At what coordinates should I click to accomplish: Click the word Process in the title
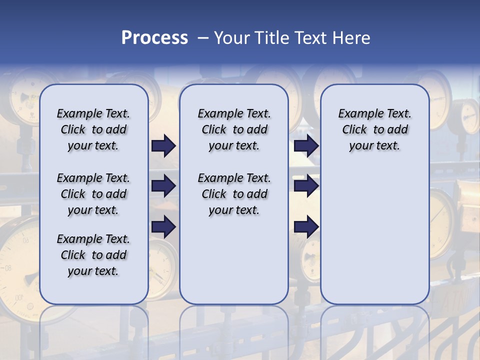154,37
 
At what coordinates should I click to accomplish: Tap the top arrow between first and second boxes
163,145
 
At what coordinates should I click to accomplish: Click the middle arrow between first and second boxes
163,186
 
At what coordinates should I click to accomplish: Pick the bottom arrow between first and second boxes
163,227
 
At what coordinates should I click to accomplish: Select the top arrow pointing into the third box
306,145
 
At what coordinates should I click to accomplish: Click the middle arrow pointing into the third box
306,186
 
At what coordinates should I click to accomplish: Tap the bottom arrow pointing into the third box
306,227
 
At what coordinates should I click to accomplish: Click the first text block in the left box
93,129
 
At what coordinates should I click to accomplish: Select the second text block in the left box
93,194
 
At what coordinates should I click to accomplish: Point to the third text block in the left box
93,255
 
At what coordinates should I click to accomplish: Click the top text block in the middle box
234,129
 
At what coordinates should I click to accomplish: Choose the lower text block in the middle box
234,194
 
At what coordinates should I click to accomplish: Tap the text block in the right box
374,129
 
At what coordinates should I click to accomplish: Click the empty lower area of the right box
374,235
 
